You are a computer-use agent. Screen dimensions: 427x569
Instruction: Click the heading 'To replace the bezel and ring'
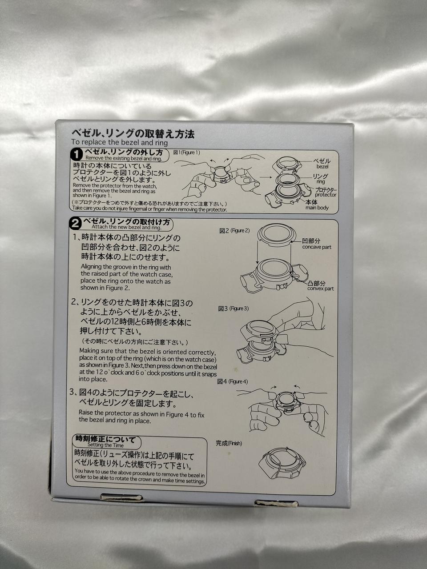coord(120,142)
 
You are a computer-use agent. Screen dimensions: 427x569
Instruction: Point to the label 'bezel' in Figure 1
coord(322,166)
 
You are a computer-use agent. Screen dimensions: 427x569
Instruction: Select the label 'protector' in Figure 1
coord(326,195)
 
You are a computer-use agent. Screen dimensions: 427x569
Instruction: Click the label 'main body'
coord(317,208)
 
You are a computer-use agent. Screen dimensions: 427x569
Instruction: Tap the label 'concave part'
coord(317,247)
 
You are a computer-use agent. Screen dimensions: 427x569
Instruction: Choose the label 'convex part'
coord(320,289)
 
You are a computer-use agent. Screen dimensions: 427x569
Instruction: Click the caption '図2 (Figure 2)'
coord(234,230)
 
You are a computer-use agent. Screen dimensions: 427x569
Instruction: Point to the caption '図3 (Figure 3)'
coord(234,309)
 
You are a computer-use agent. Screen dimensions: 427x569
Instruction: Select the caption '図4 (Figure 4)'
coord(233,381)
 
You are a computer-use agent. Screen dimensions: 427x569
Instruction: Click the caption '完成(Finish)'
coord(229,443)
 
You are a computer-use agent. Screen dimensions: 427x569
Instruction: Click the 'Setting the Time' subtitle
coord(105,445)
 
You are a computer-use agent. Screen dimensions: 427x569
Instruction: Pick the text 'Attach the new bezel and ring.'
coord(126,227)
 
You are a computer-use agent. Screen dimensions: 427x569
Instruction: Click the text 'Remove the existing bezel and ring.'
coord(124,158)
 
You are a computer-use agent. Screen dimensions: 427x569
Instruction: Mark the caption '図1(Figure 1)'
coord(186,152)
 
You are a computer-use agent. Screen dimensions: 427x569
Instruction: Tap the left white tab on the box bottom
coord(121,497)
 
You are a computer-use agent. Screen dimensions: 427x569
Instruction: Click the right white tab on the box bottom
coord(276,503)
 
